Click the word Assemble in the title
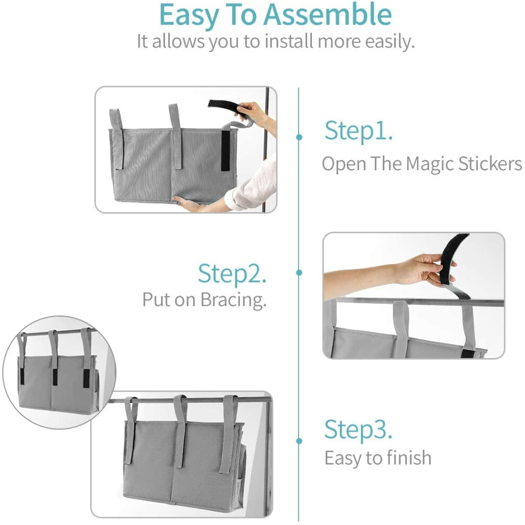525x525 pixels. tap(327, 14)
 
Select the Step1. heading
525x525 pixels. tap(358, 132)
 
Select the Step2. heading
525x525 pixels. tap(232, 274)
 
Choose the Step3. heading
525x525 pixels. tap(358, 430)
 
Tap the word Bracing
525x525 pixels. tap(233, 300)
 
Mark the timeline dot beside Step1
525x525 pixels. tap(299, 137)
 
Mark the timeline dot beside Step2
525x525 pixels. tap(299, 273)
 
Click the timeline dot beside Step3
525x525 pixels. tap(299, 441)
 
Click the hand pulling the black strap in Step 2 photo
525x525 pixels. tap(425, 268)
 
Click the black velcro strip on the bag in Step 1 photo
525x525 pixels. tap(226, 150)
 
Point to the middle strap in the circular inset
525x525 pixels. tap(54, 355)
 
